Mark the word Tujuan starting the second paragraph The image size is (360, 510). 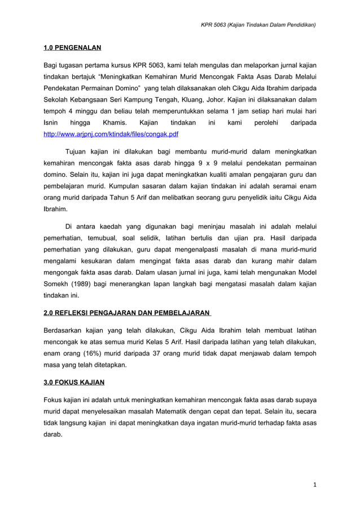[x=78, y=151]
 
